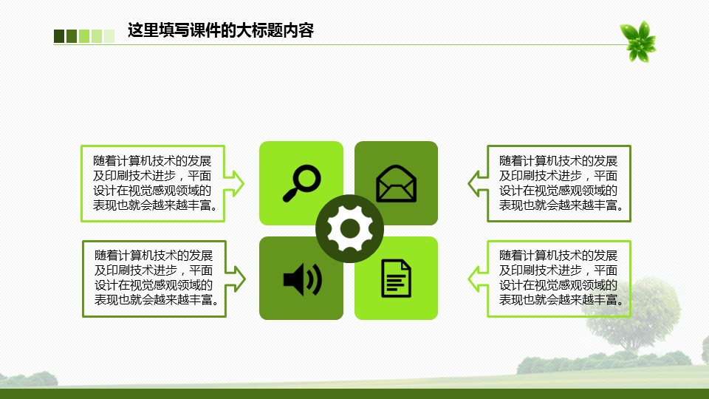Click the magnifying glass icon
click(301, 183)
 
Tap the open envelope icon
click(396, 183)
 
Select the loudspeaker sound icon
click(302, 279)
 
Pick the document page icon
click(396, 279)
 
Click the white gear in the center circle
click(349, 228)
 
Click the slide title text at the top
click(221, 30)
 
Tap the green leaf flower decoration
click(638, 41)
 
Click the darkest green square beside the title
click(59, 36)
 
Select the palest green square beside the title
click(109, 36)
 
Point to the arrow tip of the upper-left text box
click(244, 183)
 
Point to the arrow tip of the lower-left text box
click(245, 279)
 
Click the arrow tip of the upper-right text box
click(468, 183)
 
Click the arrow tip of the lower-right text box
click(468, 279)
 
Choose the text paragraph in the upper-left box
click(154, 183)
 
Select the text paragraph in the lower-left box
click(156, 277)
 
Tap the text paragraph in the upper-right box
click(561, 183)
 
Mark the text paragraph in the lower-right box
click(561, 277)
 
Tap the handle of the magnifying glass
click(291, 194)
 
